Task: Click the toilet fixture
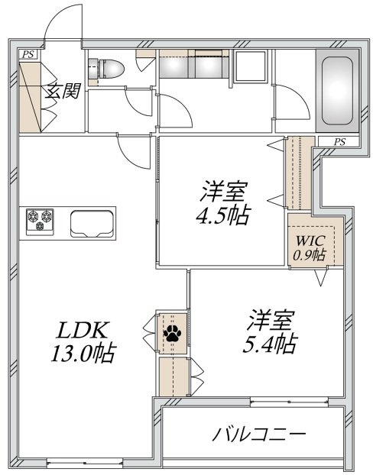point(106,69)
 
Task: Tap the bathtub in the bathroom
point(337,91)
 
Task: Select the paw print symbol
point(172,333)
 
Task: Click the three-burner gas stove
point(40,221)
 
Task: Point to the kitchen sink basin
point(92,224)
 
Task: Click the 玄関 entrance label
point(63,91)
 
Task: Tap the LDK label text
point(83,330)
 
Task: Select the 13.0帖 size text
point(83,354)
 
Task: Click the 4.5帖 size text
point(223,215)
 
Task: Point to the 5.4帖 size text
point(270,343)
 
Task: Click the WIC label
point(310,241)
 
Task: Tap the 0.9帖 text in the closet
point(310,255)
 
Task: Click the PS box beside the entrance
point(28,54)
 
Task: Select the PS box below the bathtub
point(339,142)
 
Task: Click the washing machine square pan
point(251,66)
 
